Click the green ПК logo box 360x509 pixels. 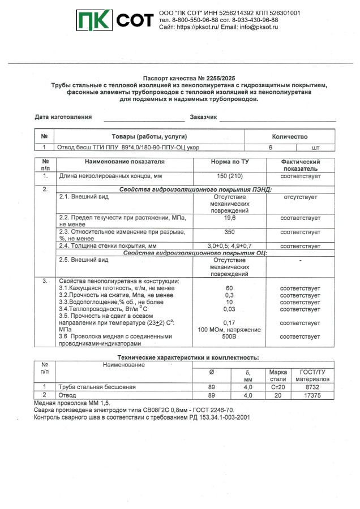(95, 21)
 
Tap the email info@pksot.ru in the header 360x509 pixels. (255, 27)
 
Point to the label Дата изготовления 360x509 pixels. (63, 117)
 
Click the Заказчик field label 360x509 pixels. (203, 117)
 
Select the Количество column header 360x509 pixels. (290, 136)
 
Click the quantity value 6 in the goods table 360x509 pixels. (271, 148)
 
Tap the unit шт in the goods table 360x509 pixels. (316, 148)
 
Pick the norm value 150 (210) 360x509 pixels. (229, 176)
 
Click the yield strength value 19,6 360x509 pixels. (229, 217)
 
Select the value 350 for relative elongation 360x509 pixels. (229, 232)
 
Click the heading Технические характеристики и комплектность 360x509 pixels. (187, 357)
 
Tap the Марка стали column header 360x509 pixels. (278, 375)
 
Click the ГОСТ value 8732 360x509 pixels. (308, 387)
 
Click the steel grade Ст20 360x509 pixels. (278, 387)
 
